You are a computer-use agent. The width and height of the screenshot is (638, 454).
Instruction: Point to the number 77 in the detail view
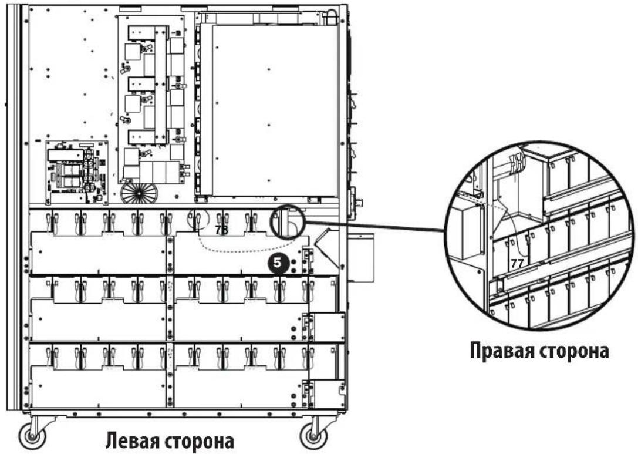(517, 264)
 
